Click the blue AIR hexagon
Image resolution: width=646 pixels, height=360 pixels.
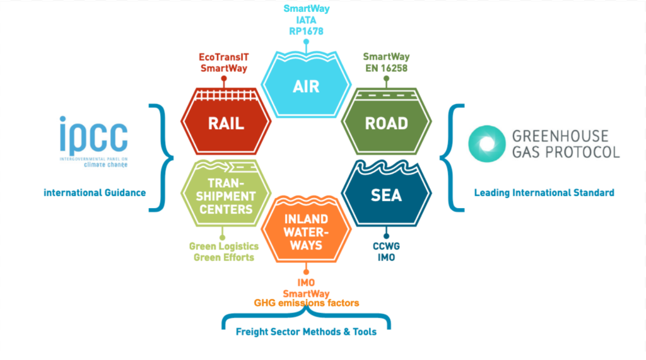click(306, 86)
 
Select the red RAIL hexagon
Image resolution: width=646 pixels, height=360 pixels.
click(226, 122)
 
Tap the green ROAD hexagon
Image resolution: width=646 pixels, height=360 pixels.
click(385, 122)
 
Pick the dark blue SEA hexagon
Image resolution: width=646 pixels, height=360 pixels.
click(385, 194)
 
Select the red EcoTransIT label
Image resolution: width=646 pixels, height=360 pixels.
click(223, 57)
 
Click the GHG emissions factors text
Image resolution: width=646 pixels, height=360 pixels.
click(306, 303)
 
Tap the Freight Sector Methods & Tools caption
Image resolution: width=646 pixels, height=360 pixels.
click(306, 332)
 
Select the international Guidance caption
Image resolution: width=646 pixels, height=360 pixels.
click(95, 192)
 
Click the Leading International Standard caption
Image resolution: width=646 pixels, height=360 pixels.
click(544, 193)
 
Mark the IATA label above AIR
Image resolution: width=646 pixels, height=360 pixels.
click(306, 20)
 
